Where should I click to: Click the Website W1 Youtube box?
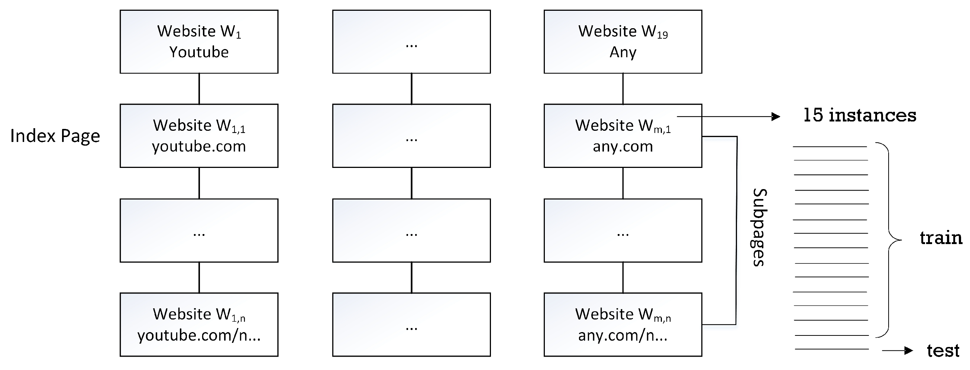(199, 41)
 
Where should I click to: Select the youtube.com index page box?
(199, 136)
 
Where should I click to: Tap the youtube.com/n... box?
(199, 324)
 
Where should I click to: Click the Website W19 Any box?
(623, 41)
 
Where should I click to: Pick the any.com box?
(623, 136)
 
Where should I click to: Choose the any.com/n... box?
(623, 324)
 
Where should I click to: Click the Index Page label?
(55, 136)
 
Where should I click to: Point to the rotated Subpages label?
(759, 227)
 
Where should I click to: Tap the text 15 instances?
(860, 115)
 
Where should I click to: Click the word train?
(941, 238)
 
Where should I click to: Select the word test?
(943, 350)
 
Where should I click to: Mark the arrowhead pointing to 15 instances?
(776, 117)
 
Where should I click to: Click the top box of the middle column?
(411, 41)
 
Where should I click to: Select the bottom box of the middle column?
(411, 324)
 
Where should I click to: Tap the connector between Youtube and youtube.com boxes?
(199, 88)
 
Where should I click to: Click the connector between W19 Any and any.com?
(623, 88)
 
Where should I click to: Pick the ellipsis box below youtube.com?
(199, 230)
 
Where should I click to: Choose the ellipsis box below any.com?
(623, 230)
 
